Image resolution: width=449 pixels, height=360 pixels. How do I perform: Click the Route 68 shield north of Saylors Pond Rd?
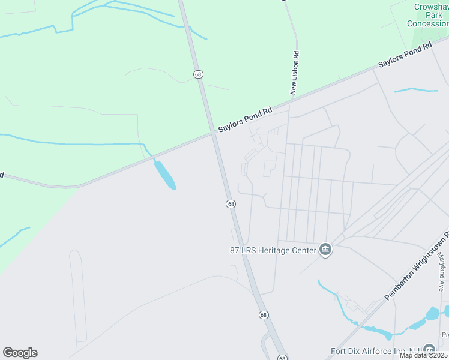[x=198, y=74]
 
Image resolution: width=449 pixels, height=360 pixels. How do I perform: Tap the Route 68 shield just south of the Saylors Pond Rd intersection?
[x=231, y=204]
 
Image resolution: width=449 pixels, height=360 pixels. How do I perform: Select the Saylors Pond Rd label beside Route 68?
[x=245, y=119]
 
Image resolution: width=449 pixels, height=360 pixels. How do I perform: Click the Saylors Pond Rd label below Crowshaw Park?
[x=405, y=55]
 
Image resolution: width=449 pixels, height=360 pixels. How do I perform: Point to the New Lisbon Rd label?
[x=294, y=72]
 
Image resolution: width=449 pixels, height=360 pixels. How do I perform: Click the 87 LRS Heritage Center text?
[x=273, y=250]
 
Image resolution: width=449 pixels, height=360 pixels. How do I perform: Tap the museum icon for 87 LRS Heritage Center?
[x=325, y=250]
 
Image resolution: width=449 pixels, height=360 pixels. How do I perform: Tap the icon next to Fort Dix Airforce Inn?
[x=429, y=349]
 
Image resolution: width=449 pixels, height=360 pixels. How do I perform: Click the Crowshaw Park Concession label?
[x=427, y=15]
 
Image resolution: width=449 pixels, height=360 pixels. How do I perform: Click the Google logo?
[x=20, y=353]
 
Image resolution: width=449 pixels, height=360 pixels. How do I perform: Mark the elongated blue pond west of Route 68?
[x=164, y=174]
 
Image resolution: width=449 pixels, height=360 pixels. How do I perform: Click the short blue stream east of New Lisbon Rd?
[x=415, y=91]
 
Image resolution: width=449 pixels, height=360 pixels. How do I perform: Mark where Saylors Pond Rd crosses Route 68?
[x=214, y=134]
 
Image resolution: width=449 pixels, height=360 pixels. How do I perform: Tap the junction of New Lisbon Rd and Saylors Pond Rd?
[x=289, y=103]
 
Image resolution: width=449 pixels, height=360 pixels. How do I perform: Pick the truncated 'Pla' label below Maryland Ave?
[x=445, y=335]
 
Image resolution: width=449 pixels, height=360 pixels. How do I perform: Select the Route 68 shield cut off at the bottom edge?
[x=283, y=358]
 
